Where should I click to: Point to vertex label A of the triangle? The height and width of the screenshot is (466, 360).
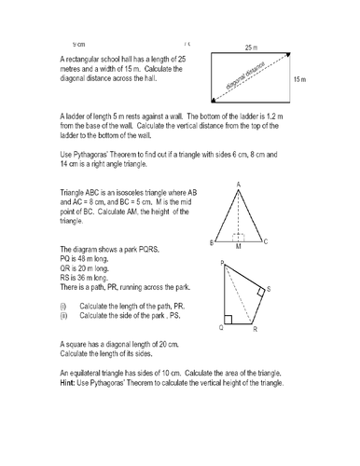239,184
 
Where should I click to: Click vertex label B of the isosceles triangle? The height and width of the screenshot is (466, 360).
212,242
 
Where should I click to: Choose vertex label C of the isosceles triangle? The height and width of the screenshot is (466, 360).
266,242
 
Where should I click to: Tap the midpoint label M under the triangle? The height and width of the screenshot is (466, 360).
239,247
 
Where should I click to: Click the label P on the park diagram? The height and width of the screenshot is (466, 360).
221,265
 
